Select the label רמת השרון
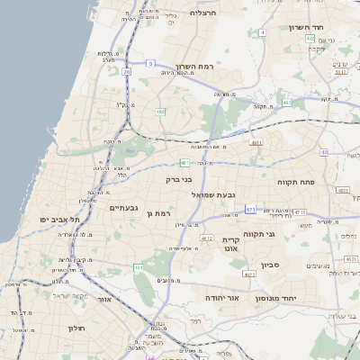tap(190, 67)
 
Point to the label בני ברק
tap(180, 179)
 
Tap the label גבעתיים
tap(123, 208)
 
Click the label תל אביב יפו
tap(60, 220)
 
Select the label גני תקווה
tap(284, 234)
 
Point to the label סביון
tap(271, 265)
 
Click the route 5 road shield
tap(151, 63)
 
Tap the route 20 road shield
tap(127, 70)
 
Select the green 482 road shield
tap(160, 112)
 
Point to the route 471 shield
tap(250, 210)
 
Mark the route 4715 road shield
tap(300, 212)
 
